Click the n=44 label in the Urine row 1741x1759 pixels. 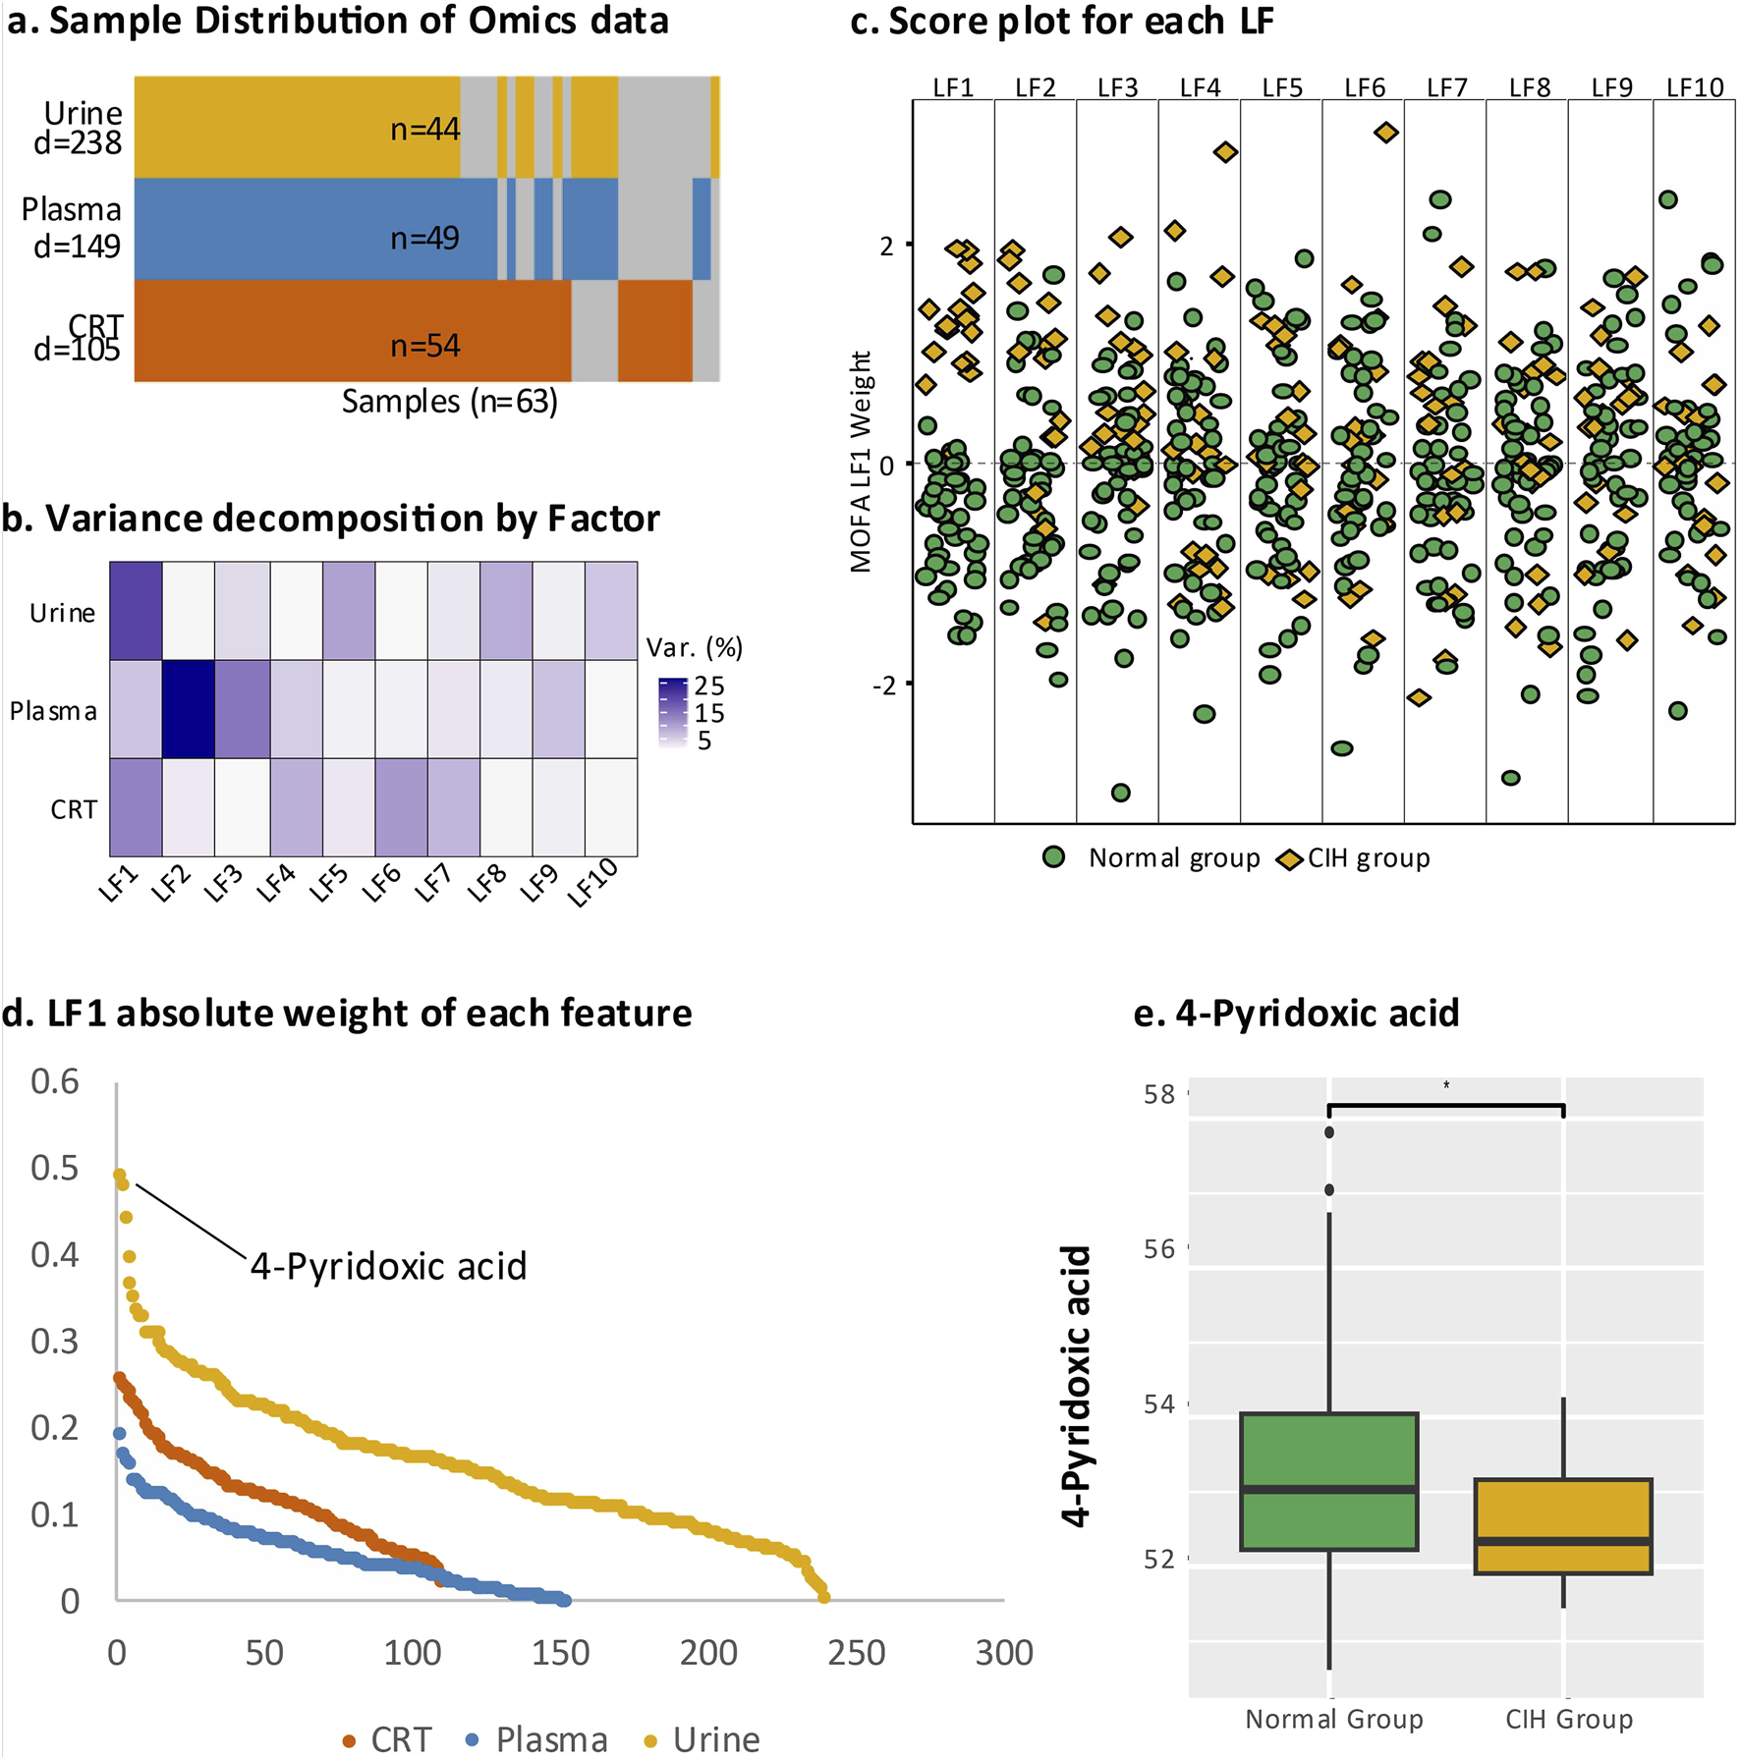424,129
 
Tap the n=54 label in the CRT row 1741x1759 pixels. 424,346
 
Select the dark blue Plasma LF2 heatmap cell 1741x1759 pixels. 188,709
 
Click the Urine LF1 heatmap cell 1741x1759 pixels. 136,611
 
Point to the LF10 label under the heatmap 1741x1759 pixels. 592,882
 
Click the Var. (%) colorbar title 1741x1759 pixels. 694,647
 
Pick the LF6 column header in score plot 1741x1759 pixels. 1364,87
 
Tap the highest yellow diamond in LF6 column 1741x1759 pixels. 1385,133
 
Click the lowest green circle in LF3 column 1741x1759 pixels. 1120,793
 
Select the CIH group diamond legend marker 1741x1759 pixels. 1289,859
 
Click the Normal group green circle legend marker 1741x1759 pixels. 1053,857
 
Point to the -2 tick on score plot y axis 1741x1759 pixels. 885,685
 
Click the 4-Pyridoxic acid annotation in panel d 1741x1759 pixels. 388,1266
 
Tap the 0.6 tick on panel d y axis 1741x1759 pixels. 55,1081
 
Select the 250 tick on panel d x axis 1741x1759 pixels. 856,1653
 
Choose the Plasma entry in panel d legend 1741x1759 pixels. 550,1739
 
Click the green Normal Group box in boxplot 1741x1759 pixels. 1328,1481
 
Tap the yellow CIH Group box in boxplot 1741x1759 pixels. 1562,1525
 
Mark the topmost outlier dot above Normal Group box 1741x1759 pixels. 1329,1132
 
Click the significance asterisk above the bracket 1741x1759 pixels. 1446,1085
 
